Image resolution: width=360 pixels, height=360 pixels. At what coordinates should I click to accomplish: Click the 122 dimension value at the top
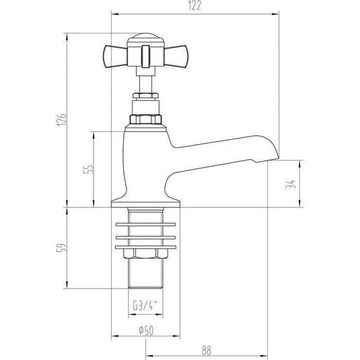coord(194,6)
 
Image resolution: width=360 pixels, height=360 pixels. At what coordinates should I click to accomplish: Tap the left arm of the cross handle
coord(114,51)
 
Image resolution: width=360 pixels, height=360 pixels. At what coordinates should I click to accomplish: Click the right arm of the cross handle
coord(171,51)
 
